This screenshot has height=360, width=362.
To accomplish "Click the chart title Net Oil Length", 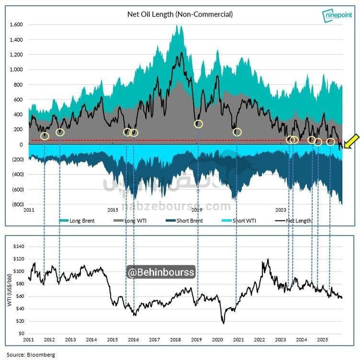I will (180, 14).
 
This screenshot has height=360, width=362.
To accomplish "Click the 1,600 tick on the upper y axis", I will (16, 25).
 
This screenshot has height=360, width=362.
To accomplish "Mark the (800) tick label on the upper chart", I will (18, 204).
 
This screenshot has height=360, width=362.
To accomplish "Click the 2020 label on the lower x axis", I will (218, 339).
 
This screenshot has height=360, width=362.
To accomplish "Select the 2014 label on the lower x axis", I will (91, 339).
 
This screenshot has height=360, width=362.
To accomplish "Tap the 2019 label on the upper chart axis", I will (197, 210).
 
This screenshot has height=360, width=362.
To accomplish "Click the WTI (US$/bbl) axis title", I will (10, 289).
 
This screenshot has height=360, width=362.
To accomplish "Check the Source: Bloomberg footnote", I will (31, 355).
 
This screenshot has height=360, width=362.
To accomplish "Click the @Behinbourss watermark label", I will (161, 272).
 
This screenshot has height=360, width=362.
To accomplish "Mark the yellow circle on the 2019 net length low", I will (198, 124).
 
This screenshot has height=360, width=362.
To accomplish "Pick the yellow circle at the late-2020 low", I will (237, 132).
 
